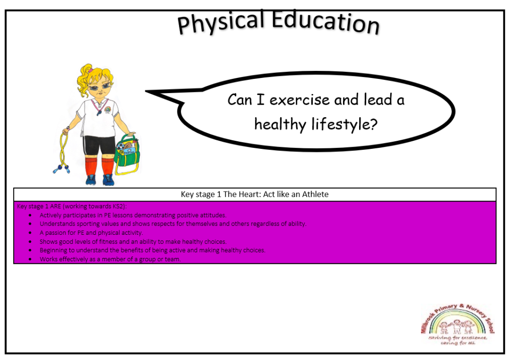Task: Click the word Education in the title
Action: [325, 22]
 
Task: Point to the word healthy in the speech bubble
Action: [280, 124]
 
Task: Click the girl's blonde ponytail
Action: [85, 79]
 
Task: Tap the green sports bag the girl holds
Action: [127, 154]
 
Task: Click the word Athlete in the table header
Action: [315, 195]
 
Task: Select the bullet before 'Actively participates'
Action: [30, 216]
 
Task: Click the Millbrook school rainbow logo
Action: [458, 324]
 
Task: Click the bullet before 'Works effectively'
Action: [30, 259]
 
